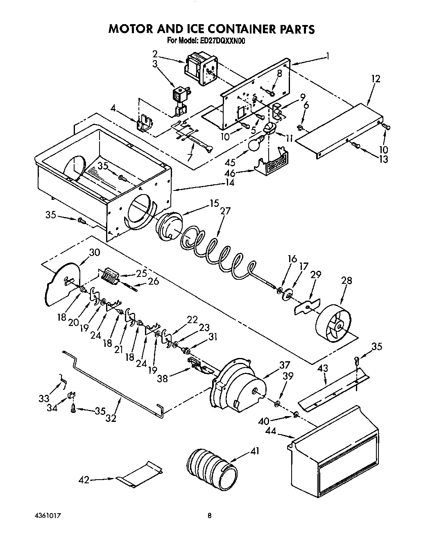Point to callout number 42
(84, 480)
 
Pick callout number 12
(376, 79)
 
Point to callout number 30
(94, 253)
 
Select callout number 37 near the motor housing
(285, 365)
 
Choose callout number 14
(230, 183)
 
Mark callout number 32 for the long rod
(111, 418)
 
